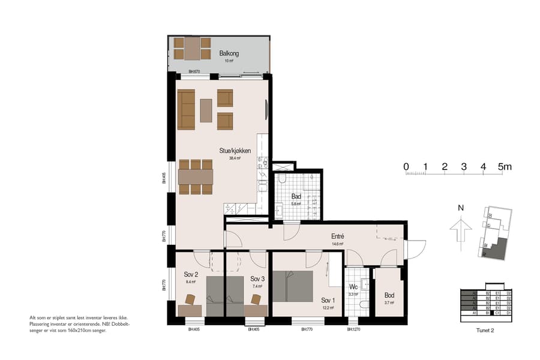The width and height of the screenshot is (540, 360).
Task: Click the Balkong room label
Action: coord(229,53)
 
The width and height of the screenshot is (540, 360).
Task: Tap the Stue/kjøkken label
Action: coord(235,151)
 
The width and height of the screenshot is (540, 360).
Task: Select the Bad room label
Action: coord(296,196)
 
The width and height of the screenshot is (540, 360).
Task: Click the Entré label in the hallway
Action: coord(337,236)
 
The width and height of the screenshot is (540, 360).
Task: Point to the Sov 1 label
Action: coord(327,300)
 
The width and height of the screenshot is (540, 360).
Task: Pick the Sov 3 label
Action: coord(257,279)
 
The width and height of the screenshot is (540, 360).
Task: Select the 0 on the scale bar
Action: coord(406,166)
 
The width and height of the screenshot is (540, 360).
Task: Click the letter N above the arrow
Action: coord(460,208)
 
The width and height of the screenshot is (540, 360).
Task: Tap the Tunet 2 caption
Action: coord(485,329)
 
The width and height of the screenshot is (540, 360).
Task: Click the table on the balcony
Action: coord(192,49)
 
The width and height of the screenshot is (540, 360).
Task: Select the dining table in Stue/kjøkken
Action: coord(196,176)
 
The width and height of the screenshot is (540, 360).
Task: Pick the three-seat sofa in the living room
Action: coord(186,109)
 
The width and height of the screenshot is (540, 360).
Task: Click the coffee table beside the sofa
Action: coord(206,110)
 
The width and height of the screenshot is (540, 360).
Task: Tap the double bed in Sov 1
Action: coord(292,286)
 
